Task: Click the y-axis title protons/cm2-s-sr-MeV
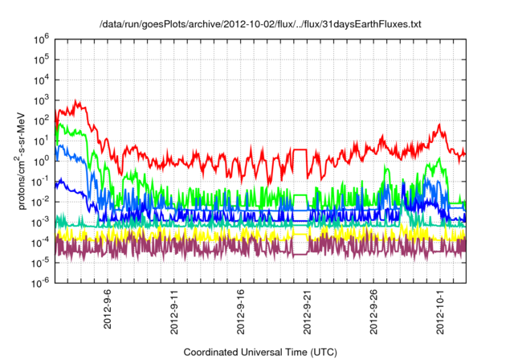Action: click(x=23, y=160)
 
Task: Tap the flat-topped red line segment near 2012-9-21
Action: click(x=300, y=149)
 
